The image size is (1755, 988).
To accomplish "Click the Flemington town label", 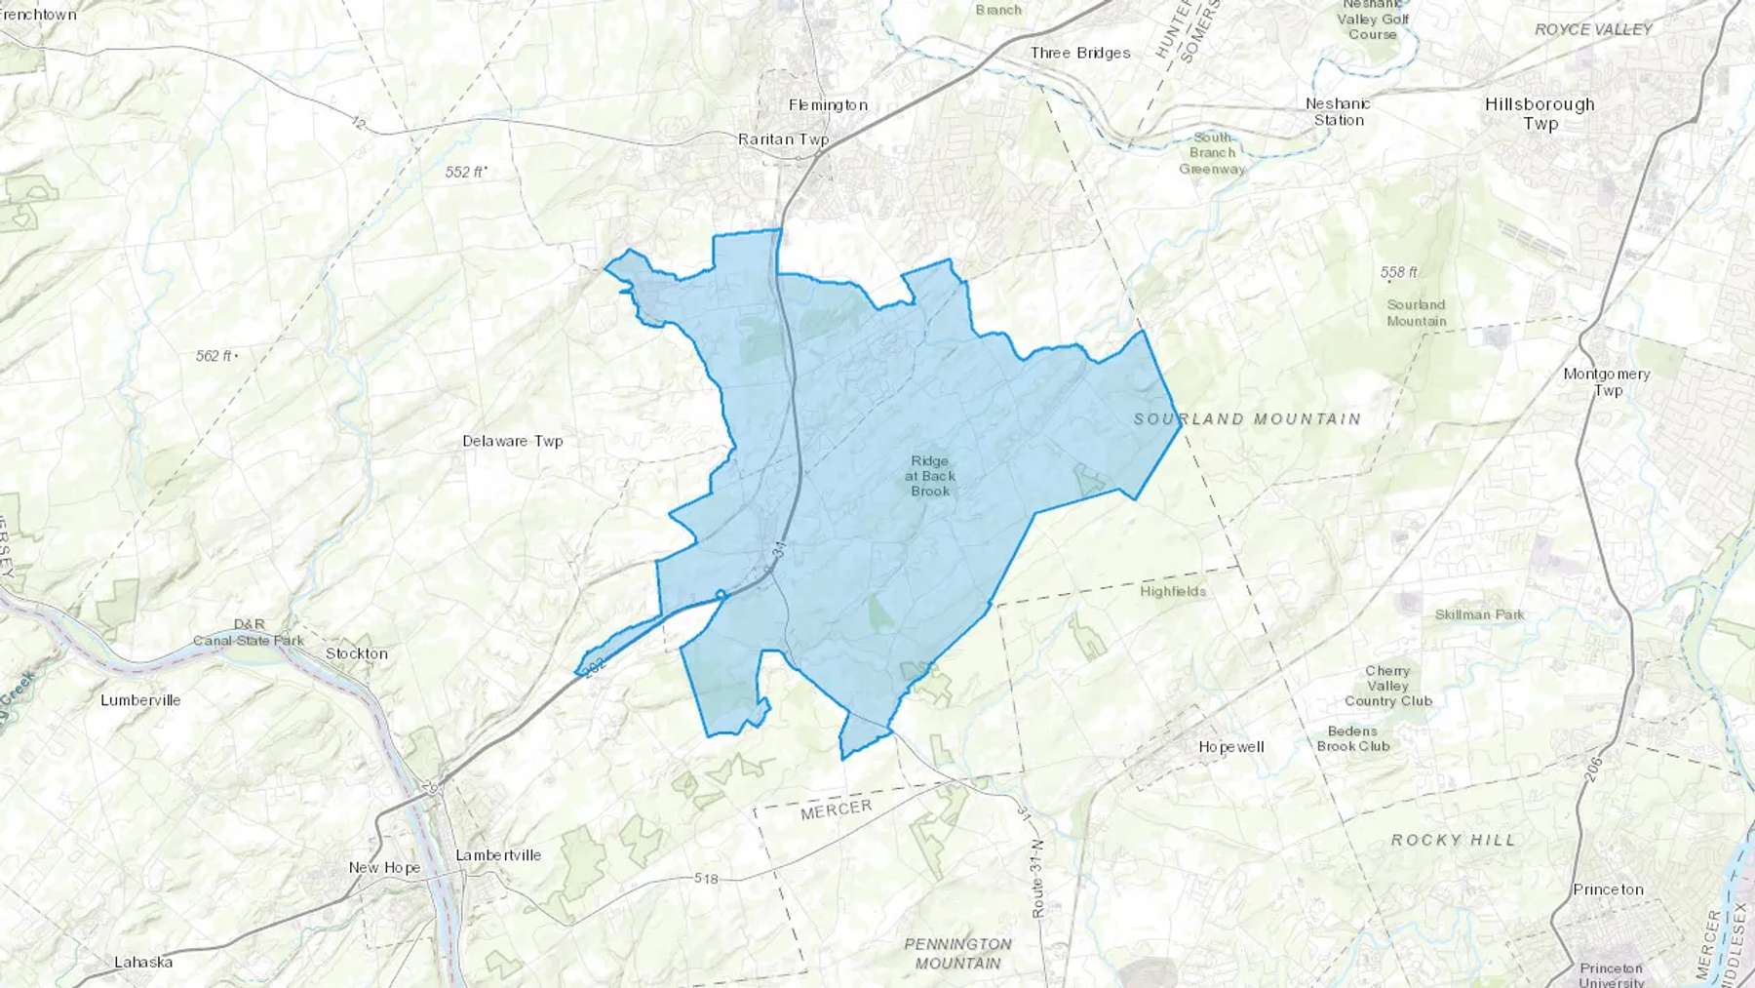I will [x=828, y=105].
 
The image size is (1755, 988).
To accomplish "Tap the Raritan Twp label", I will [x=783, y=139].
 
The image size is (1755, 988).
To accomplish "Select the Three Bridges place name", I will [x=1080, y=53].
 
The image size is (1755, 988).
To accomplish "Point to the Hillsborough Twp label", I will [x=1540, y=113].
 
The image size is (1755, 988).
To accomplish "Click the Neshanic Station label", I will [x=1338, y=112].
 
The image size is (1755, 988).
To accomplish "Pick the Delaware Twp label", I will [x=513, y=441].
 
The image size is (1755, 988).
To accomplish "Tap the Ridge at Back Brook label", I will [x=930, y=476].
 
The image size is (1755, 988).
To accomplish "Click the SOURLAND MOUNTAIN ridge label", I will [x=1247, y=419].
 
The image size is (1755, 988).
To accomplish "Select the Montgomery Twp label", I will [x=1607, y=381].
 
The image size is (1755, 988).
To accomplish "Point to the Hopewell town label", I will [x=1231, y=747].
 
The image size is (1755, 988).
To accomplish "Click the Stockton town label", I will [x=357, y=653].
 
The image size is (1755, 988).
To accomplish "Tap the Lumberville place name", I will [x=140, y=700].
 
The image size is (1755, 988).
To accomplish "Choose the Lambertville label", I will [x=498, y=855].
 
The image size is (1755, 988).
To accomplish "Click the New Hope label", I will [x=384, y=868].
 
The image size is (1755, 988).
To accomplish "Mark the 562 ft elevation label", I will [x=214, y=356].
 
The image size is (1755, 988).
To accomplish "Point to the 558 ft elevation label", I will [x=1399, y=272].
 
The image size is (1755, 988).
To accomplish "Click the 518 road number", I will [x=706, y=879].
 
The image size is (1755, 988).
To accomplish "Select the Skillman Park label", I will [x=1479, y=614].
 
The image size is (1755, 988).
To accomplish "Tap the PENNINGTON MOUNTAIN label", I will [x=957, y=954].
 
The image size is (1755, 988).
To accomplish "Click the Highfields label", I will [x=1173, y=591].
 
